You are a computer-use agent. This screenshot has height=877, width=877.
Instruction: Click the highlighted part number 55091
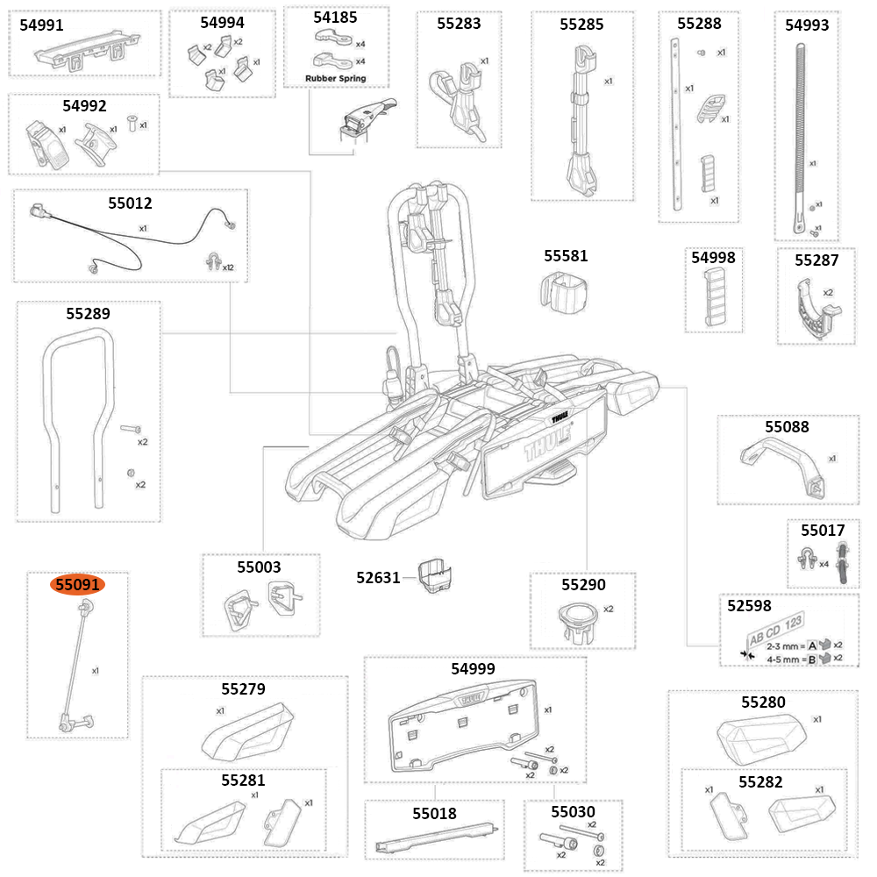(78, 585)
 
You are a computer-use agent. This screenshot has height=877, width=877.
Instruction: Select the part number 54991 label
(41, 25)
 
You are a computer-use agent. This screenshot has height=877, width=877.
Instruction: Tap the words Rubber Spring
(335, 78)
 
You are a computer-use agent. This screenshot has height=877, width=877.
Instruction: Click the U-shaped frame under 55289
(80, 412)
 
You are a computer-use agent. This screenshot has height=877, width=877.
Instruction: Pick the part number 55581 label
(566, 256)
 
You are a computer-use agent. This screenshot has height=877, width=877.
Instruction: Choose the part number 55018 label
(434, 814)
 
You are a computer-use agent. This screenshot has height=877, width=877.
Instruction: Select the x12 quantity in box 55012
(228, 267)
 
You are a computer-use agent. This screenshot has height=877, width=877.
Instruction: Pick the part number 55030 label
(573, 812)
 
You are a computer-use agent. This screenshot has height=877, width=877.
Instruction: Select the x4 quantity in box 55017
(824, 564)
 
